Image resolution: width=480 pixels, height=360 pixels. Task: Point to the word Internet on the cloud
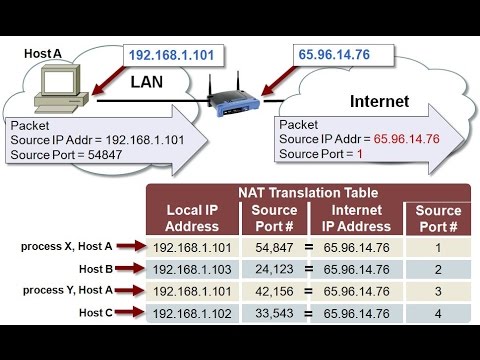pyautogui.click(x=379, y=101)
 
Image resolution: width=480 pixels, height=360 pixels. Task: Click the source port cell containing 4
pyautogui.click(x=436, y=315)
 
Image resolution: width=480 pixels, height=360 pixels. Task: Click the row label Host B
pyautogui.click(x=98, y=269)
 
